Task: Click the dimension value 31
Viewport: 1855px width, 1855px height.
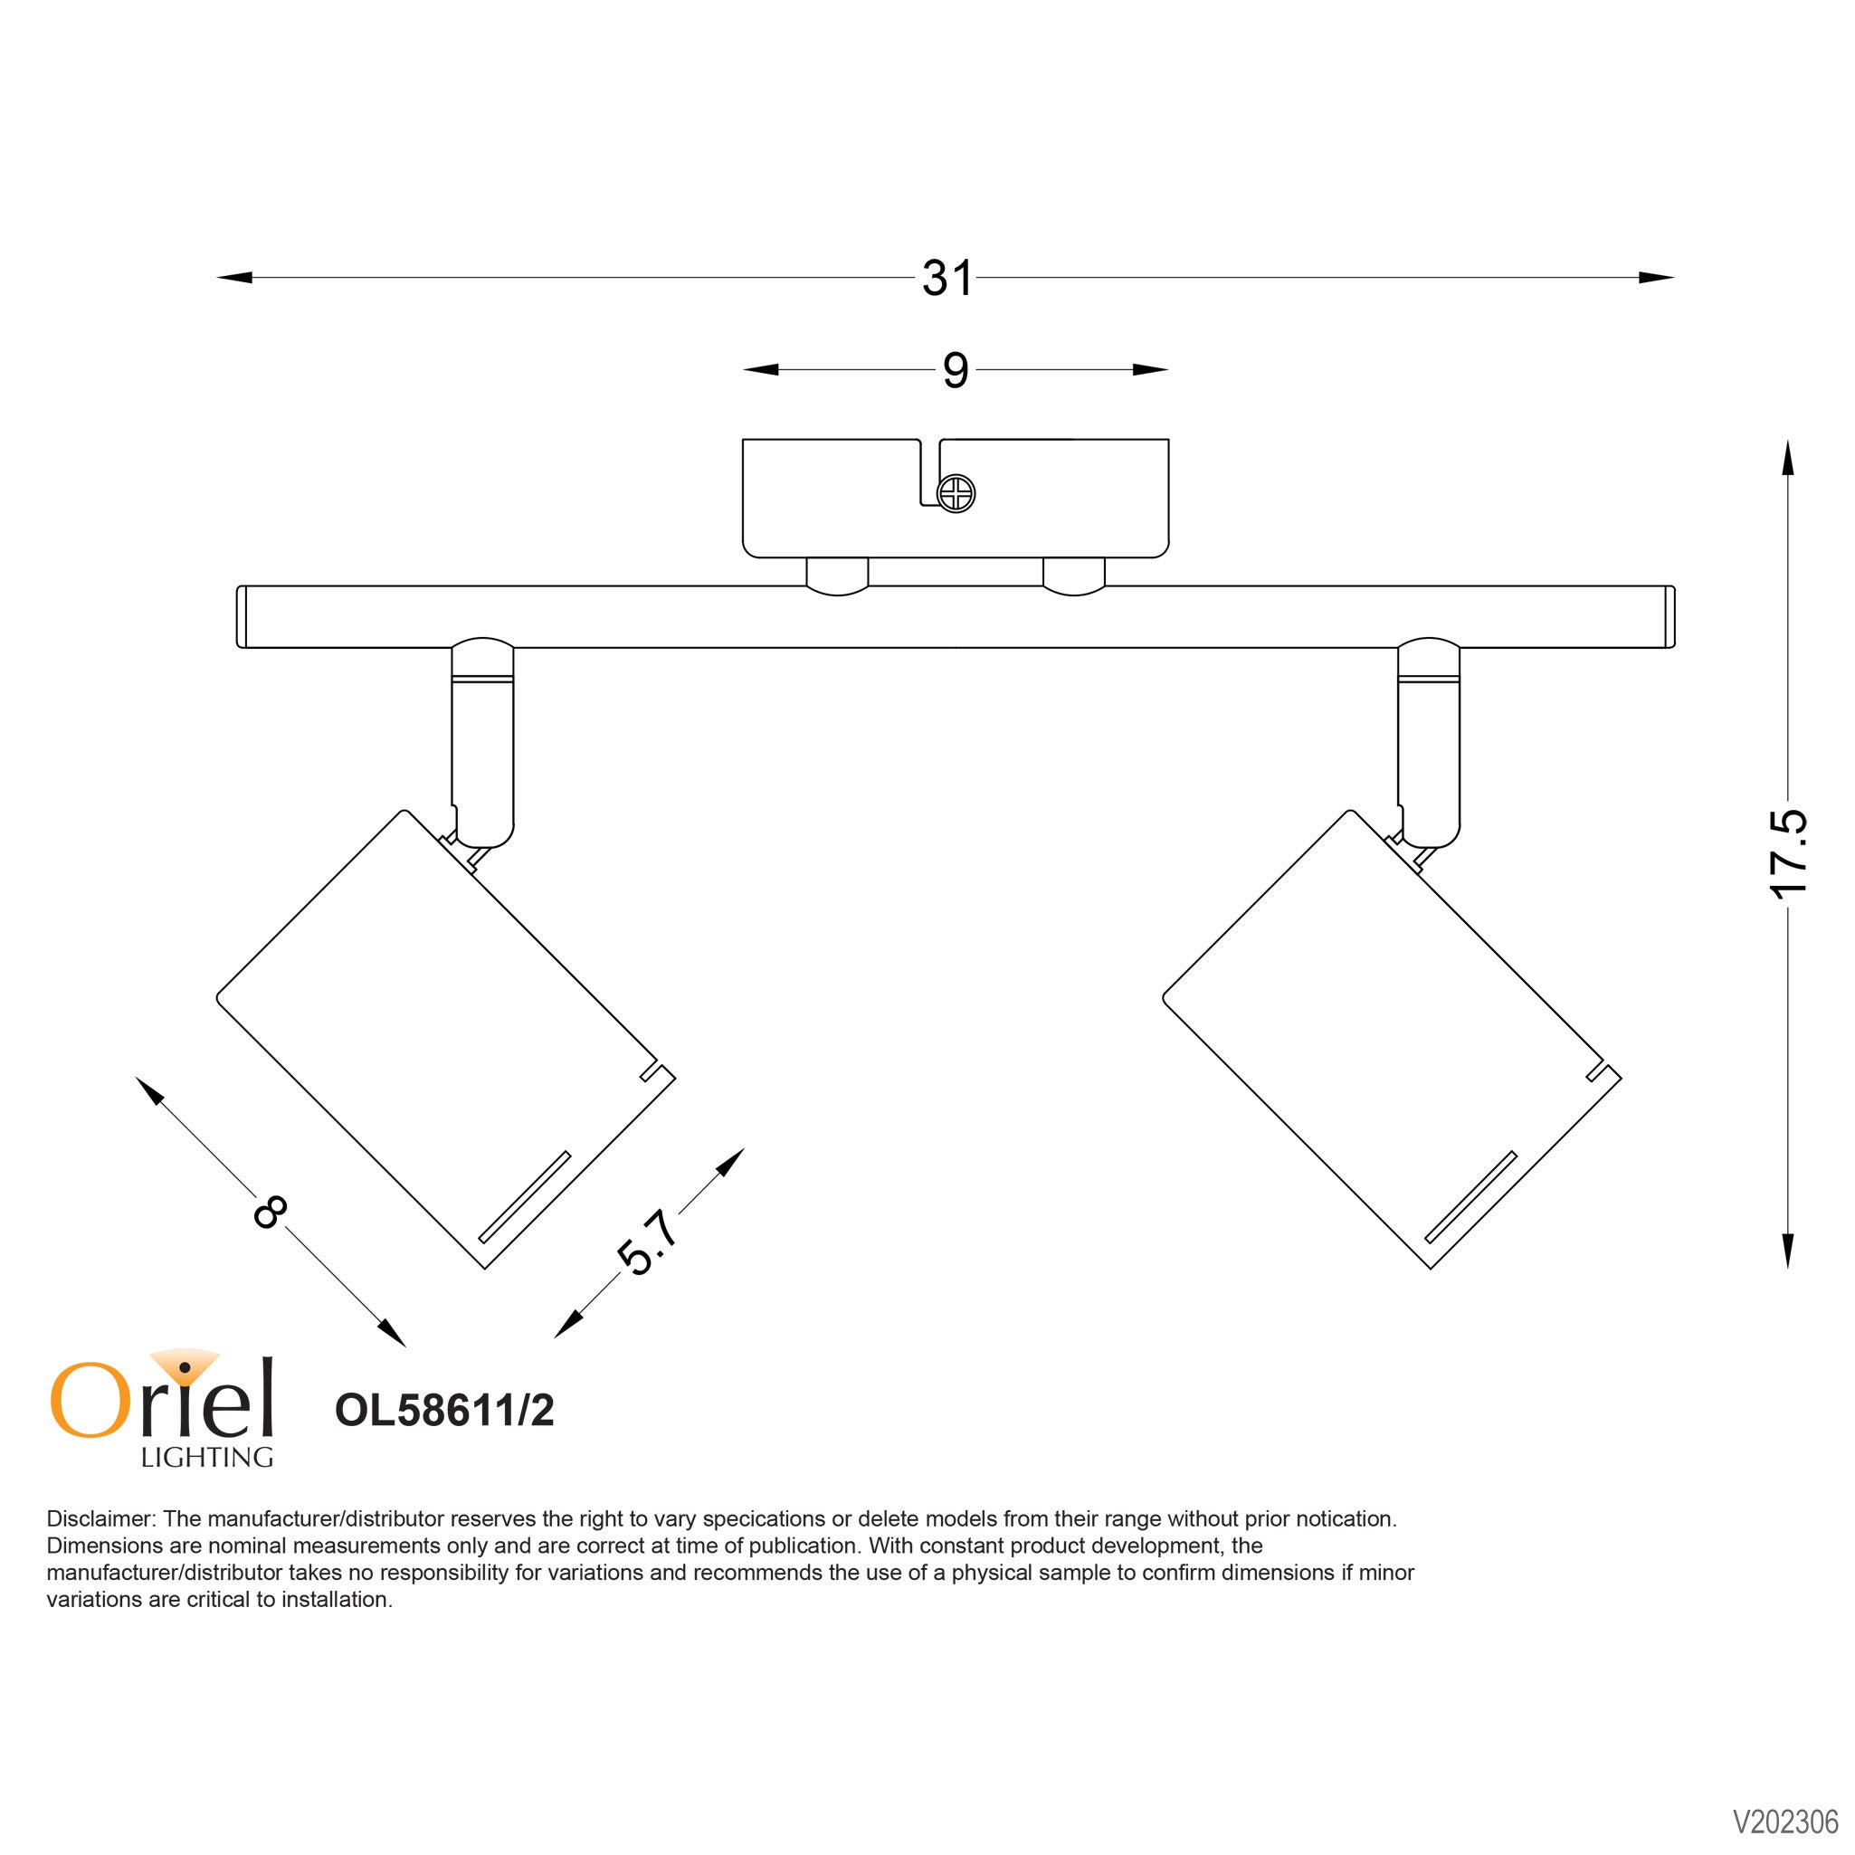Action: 947,279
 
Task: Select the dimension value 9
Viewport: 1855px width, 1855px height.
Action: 955,371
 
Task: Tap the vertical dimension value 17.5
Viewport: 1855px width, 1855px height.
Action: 1788,853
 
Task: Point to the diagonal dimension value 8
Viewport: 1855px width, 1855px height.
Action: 270,1213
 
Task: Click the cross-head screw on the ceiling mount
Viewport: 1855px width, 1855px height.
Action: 956,494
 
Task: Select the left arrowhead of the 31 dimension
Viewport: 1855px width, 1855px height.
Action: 235,279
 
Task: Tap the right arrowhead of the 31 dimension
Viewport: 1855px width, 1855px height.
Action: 1656,279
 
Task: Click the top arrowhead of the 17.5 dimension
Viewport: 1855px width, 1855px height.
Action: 1788,458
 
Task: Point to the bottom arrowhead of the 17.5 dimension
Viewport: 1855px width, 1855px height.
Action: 1788,1251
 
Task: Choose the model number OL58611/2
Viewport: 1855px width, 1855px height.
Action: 444,1411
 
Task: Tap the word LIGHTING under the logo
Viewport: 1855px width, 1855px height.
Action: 206,1457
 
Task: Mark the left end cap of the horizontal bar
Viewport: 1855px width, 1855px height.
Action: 242,617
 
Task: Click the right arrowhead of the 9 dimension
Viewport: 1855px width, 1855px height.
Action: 1149,371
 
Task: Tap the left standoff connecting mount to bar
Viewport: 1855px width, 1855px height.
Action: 837,576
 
